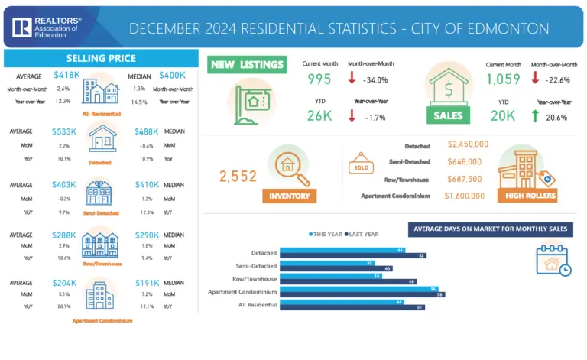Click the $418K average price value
click(x=66, y=75)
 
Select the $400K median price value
click(x=172, y=75)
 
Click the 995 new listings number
click(x=319, y=79)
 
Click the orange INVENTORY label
click(x=289, y=196)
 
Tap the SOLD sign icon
click(x=362, y=164)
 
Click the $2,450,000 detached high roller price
click(x=468, y=144)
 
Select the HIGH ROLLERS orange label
click(x=527, y=196)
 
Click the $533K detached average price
click(x=65, y=131)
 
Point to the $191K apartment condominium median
click(x=147, y=282)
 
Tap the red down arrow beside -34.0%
click(x=352, y=79)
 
